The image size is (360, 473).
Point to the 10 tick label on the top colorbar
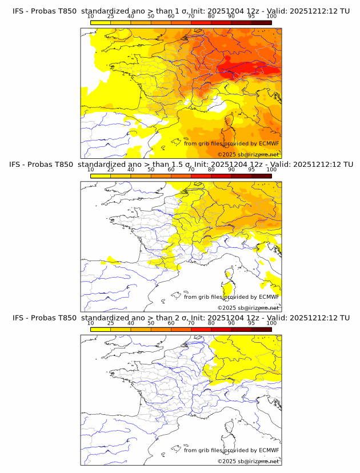pos(90,17)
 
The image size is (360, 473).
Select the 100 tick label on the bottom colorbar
pos(271,323)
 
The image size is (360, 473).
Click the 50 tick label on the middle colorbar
pos(151,170)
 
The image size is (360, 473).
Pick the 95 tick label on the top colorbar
pos(251,17)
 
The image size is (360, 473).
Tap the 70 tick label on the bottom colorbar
pos(191,323)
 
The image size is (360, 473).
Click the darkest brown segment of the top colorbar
pos(261,22)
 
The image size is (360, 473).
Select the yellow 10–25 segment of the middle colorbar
pos(101,175)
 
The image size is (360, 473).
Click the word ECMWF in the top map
pos(269,144)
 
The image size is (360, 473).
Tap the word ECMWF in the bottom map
pos(269,450)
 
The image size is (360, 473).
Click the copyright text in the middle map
pos(248,307)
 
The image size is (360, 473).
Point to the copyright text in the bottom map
pos(248,460)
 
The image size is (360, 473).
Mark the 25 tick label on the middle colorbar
pos(110,170)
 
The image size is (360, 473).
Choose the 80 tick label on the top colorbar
pos(211,17)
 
